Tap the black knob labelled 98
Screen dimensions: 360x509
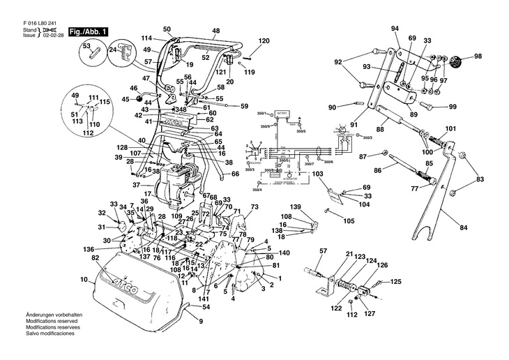tap(459, 57)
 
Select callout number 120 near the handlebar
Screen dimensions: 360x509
tap(264, 42)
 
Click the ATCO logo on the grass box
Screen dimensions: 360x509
tap(121, 282)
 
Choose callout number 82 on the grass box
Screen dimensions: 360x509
tap(96, 258)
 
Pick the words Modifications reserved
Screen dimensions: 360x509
tap(52, 333)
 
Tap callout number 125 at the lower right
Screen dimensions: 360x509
tap(396, 282)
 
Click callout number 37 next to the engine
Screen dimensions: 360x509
tap(137, 184)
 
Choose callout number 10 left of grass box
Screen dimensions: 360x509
tap(84, 279)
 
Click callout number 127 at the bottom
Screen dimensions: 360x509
tap(369, 314)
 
